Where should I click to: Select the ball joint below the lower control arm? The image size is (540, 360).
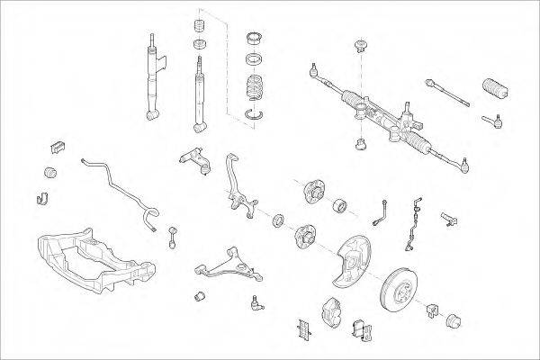(258, 302)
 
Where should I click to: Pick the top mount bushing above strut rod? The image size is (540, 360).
(199, 42)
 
